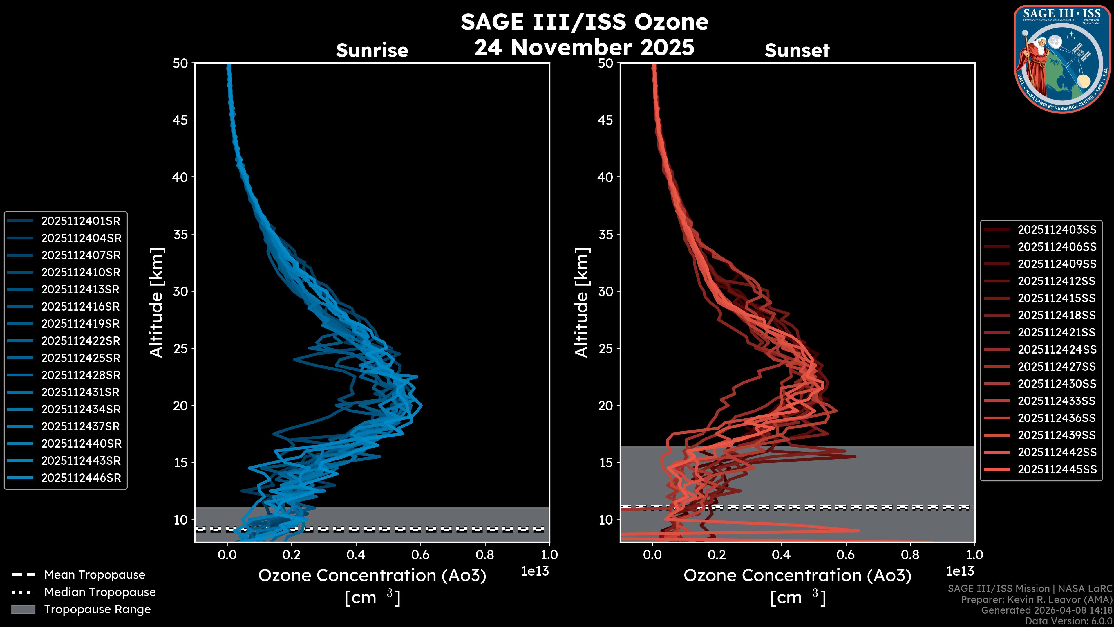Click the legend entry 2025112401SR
click(80, 221)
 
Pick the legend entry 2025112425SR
click(80, 358)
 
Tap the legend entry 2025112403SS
click(1057, 230)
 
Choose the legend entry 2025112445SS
click(1057, 469)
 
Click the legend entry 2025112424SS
click(1057, 349)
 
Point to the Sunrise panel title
click(372, 50)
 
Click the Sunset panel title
click(797, 50)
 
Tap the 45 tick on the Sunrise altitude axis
click(180, 120)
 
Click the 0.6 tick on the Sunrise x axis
click(420, 555)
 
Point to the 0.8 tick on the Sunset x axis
click(910, 555)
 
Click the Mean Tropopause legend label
click(95, 575)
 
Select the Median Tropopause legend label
click(100, 592)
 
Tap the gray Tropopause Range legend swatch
click(23, 609)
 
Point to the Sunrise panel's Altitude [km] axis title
click(157, 302)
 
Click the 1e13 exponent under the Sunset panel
click(960, 571)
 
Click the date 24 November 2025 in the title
click(584, 48)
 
